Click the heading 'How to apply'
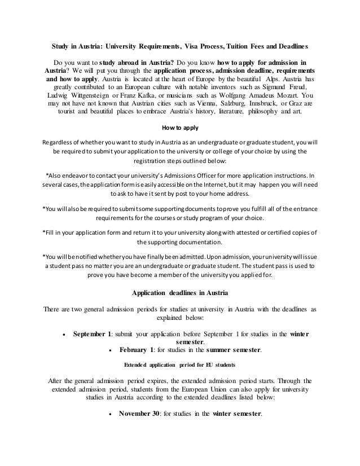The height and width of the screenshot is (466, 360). pyautogui.click(x=180, y=127)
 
